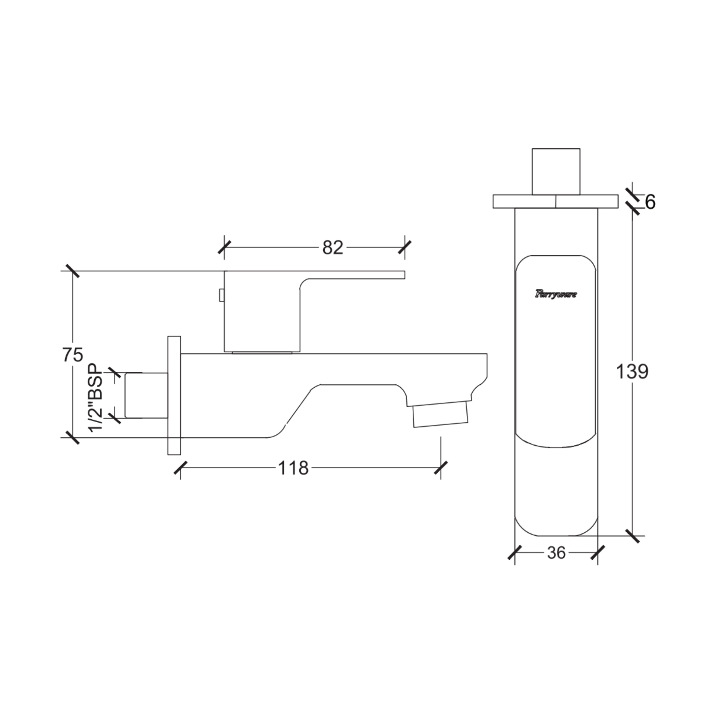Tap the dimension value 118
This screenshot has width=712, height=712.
293,468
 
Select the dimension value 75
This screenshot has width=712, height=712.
73,355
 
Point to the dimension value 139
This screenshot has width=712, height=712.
632,372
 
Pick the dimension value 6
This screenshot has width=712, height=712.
650,202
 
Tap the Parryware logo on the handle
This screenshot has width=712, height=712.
556,294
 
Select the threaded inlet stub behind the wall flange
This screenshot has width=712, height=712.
146,396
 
